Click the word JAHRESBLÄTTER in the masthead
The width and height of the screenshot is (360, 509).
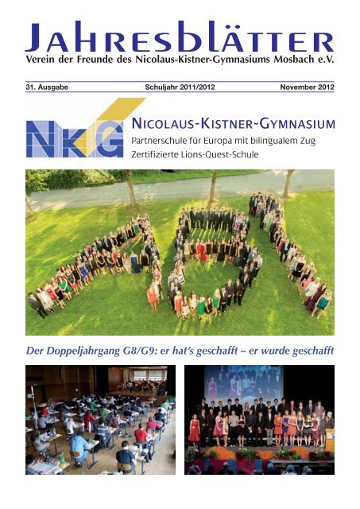coord(180,37)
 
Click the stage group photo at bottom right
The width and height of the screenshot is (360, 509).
coord(259,419)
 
